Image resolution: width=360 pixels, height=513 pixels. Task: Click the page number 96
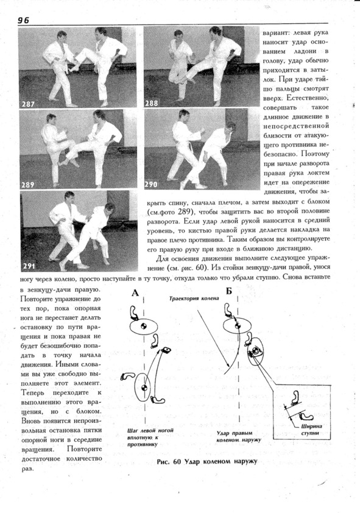tap(24, 20)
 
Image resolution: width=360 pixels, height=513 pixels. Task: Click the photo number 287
tap(28, 104)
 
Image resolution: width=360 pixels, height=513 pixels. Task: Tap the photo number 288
tap(152, 104)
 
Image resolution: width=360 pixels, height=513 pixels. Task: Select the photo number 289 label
tap(28, 185)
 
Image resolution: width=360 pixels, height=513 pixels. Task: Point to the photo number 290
tap(151, 185)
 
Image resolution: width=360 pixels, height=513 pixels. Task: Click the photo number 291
tap(29, 266)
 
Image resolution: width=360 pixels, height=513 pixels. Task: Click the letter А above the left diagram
tap(135, 292)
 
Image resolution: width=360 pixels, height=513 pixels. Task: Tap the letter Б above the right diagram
tap(228, 291)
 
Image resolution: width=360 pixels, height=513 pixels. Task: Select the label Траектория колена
tap(194, 299)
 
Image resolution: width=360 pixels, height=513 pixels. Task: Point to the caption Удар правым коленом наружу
tap(239, 436)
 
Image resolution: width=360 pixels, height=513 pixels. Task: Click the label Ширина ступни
tap(311, 430)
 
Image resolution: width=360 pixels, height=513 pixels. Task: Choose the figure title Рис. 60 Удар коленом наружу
tap(207, 462)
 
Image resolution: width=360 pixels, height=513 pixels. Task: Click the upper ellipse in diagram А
tap(144, 319)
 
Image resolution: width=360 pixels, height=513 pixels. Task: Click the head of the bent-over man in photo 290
tap(229, 127)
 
